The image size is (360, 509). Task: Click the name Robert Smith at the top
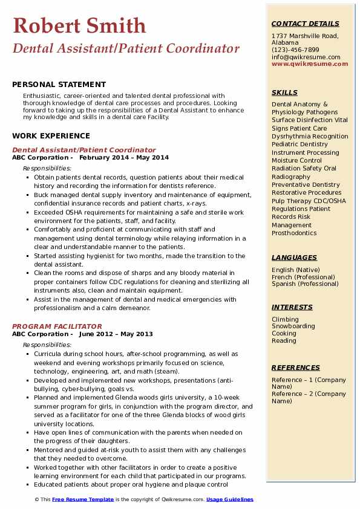(x=79, y=25)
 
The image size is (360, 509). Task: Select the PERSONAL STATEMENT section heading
(x=59, y=85)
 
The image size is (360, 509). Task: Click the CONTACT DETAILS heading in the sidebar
(x=305, y=24)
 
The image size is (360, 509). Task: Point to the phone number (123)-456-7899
(x=295, y=50)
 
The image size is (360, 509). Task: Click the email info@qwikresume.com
(x=306, y=57)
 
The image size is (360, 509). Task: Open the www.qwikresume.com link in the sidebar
(x=306, y=63)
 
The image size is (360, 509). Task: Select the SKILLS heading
(x=284, y=92)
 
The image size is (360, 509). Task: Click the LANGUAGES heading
(x=294, y=257)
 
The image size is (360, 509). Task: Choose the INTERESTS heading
(x=293, y=307)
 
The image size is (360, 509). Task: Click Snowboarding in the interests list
(x=293, y=326)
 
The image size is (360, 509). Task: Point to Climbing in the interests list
(x=285, y=319)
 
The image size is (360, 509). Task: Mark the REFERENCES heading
(x=296, y=368)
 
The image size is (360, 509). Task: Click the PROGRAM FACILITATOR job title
(x=57, y=326)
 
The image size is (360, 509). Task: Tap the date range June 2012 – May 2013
(x=116, y=334)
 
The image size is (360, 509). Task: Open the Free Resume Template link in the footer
(x=83, y=499)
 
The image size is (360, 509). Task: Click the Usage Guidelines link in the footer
(x=230, y=499)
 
